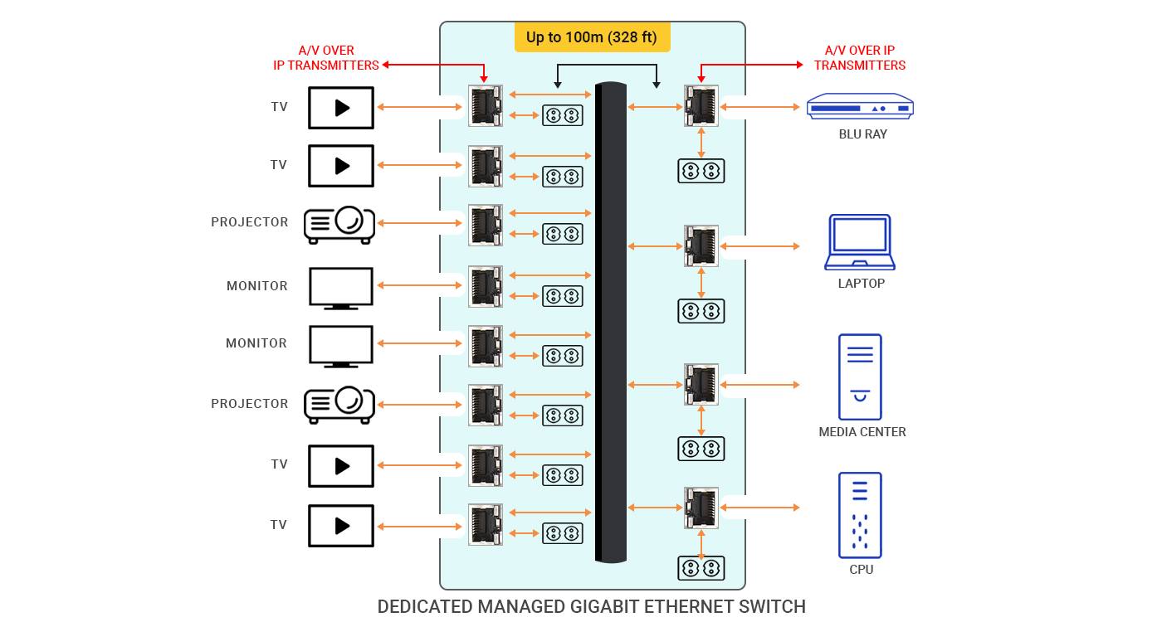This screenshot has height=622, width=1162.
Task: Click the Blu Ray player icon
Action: coord(860,106)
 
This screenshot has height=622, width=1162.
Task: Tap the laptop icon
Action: coord(860,242)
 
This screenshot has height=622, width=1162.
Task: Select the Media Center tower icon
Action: coord(860,377)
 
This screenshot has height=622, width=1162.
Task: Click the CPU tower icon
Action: coord(860,515)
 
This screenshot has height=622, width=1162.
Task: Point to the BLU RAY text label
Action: coord(862,134)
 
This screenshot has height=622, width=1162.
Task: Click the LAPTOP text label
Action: coord(862,284)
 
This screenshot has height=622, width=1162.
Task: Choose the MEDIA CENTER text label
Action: coord(862,432)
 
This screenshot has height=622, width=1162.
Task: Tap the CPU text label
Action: coord(862,570)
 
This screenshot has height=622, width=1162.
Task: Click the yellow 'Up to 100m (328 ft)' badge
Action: coord(592,37)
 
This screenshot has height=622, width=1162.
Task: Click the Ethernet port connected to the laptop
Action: coord(701,245)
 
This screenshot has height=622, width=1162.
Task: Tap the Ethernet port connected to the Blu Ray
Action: coord(701,106)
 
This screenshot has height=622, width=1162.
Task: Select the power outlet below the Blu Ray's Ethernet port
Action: coord(701,171)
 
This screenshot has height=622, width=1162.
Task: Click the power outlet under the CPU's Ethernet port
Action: coord(701,568)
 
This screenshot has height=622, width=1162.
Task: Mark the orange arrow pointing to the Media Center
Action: coord(760,385)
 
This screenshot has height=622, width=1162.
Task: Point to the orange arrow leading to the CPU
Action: coord(760,508)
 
